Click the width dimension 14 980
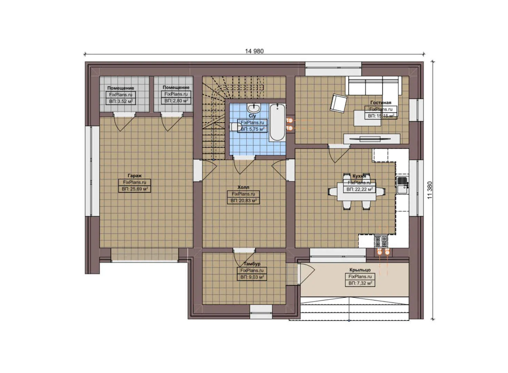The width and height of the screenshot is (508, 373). pos(254,51)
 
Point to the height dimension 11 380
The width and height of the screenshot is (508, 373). pos(429,190)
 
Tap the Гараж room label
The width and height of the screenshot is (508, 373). pos(135,176)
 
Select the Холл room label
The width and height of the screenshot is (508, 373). pos(243,187)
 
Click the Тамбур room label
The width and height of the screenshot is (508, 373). pos(252,264)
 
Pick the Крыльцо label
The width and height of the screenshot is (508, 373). pos(360,270)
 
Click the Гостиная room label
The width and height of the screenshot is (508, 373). pos(381,103)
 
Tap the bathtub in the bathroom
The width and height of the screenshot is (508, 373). pos(277,123)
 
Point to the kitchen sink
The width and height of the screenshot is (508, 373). pos(402,185)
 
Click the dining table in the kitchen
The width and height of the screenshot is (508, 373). pos(357,191)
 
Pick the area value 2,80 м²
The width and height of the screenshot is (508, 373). pos(176,101)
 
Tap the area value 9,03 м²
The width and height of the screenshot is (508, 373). pos(252,277)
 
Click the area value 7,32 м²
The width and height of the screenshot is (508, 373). pos(360,283)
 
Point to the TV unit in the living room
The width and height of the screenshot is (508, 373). pos(372,138)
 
